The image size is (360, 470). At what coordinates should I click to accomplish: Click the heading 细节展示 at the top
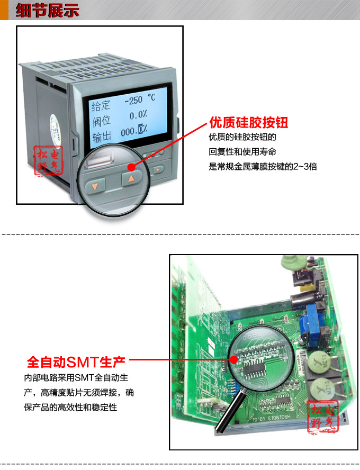pos(47,10)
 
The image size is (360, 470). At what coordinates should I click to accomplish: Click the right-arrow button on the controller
pos(158,170)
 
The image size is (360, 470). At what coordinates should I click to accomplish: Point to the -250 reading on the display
pos(132,100)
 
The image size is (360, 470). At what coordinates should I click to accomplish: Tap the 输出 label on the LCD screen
pos(101,138)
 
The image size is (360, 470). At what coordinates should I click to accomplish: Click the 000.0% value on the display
pos(133,130)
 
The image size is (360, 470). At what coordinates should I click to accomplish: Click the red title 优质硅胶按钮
pos(248,123)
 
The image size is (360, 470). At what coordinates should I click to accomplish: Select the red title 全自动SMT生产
pos(76,363)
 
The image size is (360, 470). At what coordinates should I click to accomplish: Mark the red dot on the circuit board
pos(235,360)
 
